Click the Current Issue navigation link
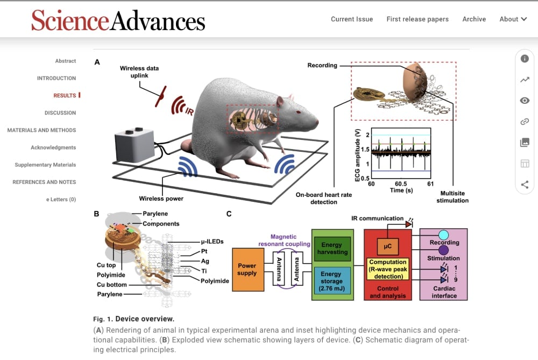[352, 19]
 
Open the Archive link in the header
[474, 19]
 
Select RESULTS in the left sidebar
[65, 95]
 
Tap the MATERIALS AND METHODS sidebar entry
[41, 130]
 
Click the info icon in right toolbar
[525, 59]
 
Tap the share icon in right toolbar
[525, 185]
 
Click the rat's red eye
[299, 112]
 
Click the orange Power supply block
[248, 270]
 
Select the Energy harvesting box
[332, 249]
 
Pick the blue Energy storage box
[332, 281]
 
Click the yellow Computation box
[388, 269]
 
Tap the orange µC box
[388, 246]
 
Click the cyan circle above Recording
[443, 235]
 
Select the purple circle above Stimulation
[443, 250]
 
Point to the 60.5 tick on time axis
[401, 184]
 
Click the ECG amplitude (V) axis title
[358, 156]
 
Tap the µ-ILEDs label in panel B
[212, 242]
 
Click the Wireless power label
[161, 199]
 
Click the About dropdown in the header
[513, 19]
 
